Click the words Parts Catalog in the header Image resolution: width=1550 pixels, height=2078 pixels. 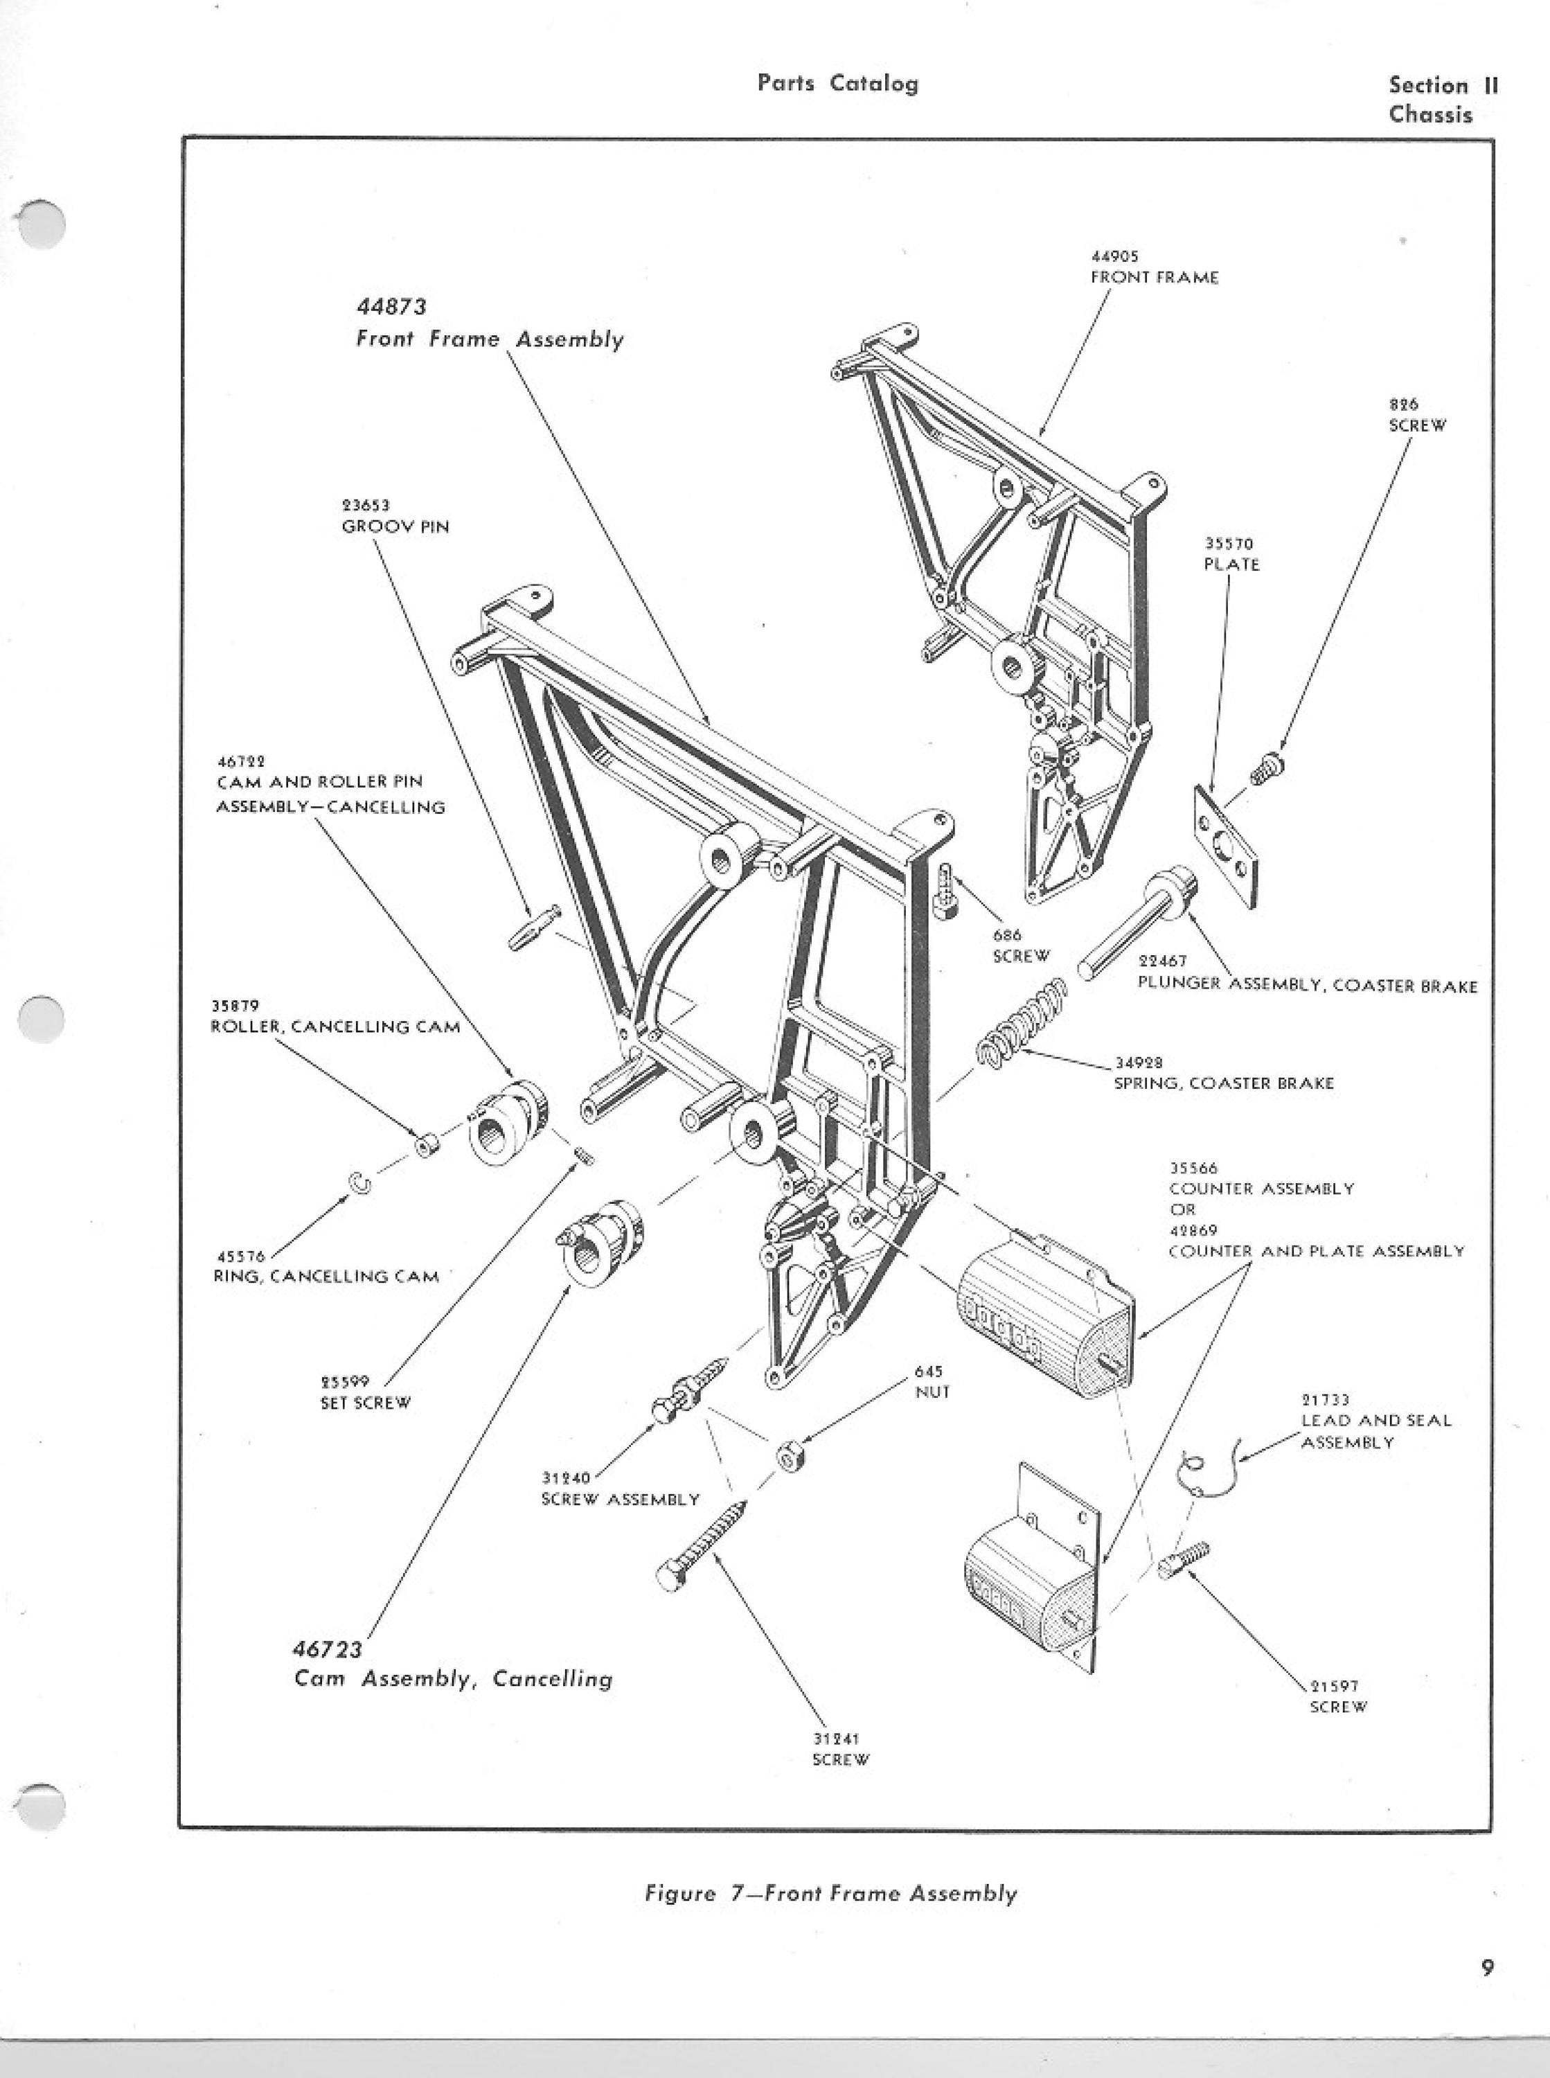click(x=838, y=84)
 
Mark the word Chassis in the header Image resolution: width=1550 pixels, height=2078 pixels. click(x=1431, y=114)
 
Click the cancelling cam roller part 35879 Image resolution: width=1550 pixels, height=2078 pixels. click(x=427, y=1144)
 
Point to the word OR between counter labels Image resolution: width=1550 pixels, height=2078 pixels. click(x=1182, y=1209)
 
